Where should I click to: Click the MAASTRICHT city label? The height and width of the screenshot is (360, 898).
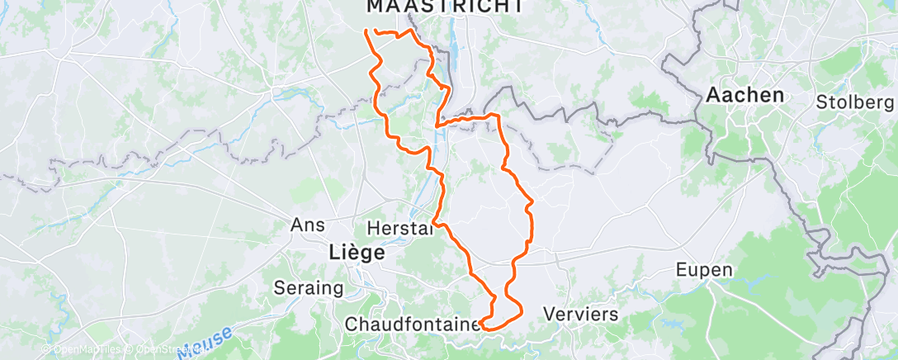(444, 6)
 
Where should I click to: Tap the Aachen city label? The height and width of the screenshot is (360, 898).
(744, 95)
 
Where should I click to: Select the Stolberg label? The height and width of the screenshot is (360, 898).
(855, 102)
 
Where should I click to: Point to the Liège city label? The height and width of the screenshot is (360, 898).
(356, 253)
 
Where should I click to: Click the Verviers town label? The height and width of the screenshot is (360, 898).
(582, 314)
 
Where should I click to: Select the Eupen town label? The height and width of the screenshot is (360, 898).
(704, 270)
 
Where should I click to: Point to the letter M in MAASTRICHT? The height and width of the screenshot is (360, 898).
(373, 6)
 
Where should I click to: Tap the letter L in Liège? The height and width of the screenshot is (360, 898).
(333, 253)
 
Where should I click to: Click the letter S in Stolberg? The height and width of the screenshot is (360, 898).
(822, 102)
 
